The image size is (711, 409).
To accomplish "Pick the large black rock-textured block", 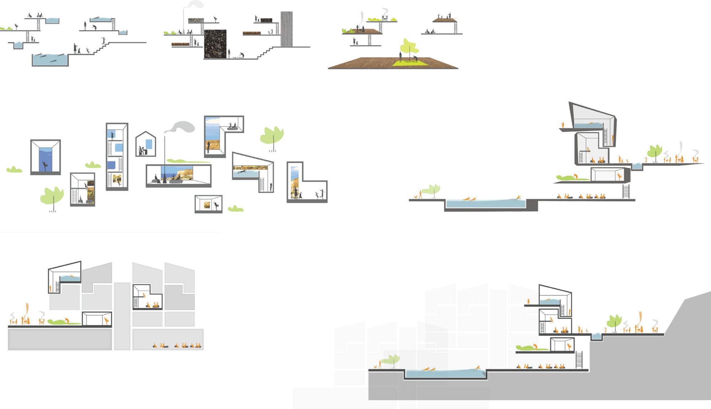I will (x=215, y=44).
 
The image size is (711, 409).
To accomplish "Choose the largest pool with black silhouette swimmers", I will (x=50, y=60).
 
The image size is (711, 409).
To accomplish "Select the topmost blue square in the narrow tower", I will (x=110, y=134).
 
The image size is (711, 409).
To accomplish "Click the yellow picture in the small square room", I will (x=207, y=205).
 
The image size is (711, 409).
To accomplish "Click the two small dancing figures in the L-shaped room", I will (x=319, y=195).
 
